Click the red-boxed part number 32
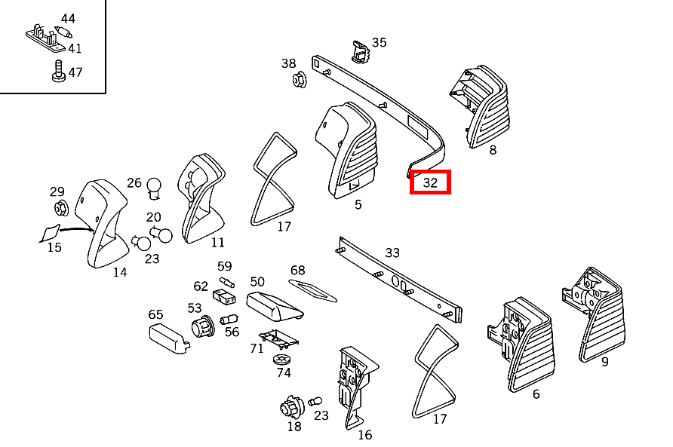tap(430, 182)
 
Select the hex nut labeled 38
tap(300, 80)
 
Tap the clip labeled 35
tap(361, 52)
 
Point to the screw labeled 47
tap(58, 72)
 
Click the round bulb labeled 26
tap(154, 188)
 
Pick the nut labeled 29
tap(61, 209)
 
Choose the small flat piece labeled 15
tap(50, 234)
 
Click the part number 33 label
tap(392, 253)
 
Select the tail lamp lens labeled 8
tap(481, 107)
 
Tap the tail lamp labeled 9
tap(595, 314)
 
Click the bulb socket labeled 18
tap(292, 407)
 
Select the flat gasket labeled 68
tap(312, 290)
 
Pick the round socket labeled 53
tap(203, 327)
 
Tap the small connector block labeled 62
tap(224, 296)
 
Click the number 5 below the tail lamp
tap(358, 204)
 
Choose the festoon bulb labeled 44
tap(63, 32)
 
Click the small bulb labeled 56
tap(229, 320)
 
